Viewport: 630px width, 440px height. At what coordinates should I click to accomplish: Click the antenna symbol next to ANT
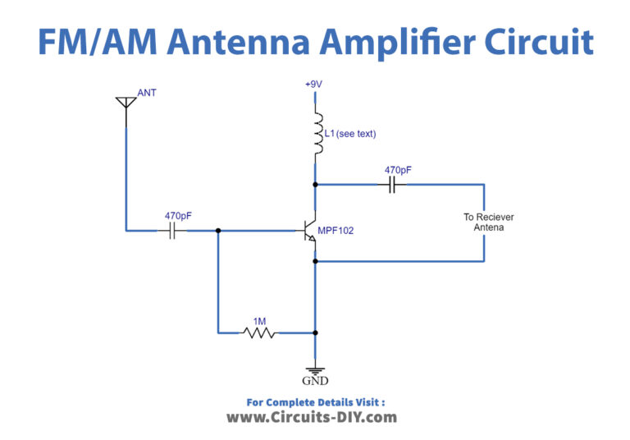125,103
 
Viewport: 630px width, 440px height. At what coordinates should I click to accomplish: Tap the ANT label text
147,93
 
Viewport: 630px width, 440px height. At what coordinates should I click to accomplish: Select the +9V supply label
314,85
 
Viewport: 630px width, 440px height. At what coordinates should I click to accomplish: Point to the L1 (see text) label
350,133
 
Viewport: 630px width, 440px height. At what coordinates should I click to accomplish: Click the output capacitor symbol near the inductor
392,185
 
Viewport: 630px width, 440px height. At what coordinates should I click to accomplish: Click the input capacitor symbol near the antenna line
173,231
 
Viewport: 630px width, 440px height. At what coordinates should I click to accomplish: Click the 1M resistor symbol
259,333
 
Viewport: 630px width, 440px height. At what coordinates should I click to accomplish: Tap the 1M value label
260,321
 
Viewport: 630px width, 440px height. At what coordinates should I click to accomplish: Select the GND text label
315,381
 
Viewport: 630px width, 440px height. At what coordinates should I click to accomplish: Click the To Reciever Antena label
488,222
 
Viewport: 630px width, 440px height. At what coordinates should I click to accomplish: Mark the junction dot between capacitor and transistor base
218,231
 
